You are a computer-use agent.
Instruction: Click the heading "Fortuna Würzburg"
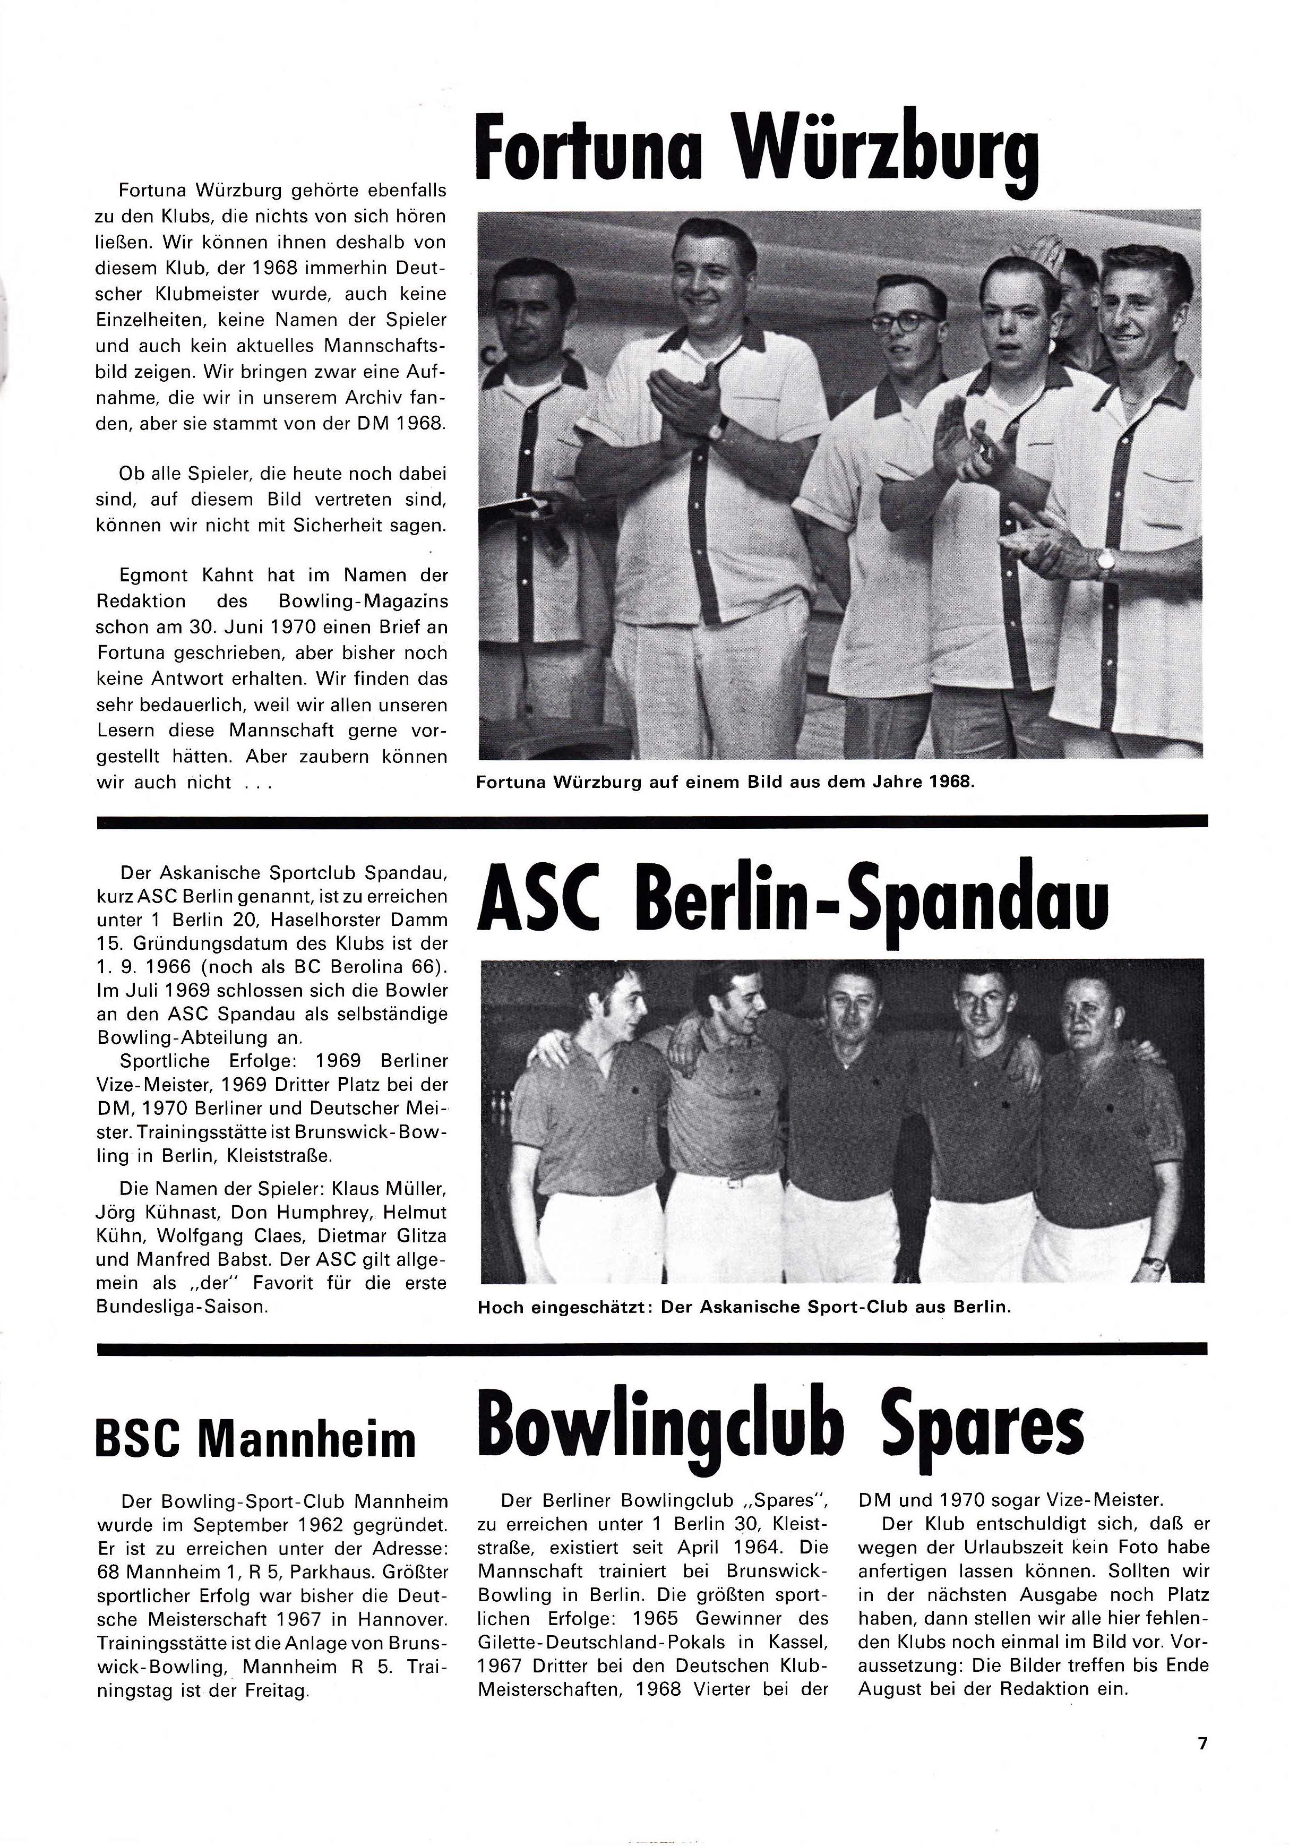pos(757,153)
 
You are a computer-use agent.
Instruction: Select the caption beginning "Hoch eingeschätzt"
pos(744,1307)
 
